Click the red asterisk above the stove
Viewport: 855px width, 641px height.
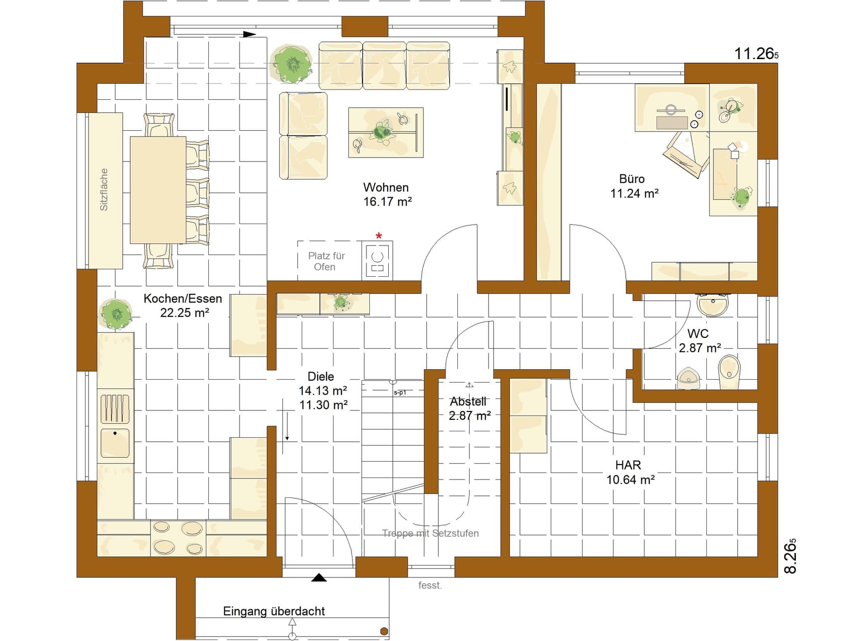pyautogui.click(x=379, y=236)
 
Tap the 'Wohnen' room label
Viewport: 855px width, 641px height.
pyautogui.click(x=386, y=187)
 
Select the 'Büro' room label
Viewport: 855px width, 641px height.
pyautogui.click(x=632, y=179)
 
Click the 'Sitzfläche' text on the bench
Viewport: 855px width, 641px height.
pyautogui.click(x=104, y=189)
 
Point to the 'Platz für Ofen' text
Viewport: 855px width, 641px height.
pyautogui.click(x=326, y=261)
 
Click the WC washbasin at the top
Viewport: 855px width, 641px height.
pyautogui.click(x=713, y=305)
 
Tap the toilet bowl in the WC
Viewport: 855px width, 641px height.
pyautogui.click(x=729, y=372)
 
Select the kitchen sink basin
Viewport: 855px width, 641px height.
pyautogui.click(x=115, y=443)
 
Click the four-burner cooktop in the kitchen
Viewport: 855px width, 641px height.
pyautogui.click(x=177, y=538)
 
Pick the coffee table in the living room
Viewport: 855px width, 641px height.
pyautogui.click(x=386, y=132)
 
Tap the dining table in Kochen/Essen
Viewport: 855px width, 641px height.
pyautogui.click(x=158, y=190)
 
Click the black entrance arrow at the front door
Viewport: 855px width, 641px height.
pyautogui.click(x=319, y=577)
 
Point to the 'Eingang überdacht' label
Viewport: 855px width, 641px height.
pyautogui.click(x=274, y=611)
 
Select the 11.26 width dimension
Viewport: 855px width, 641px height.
pyautogui.click(x=756, y=54)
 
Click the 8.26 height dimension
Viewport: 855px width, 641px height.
pyautogui.click(x=790, y=556)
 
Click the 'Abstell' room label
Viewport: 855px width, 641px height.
pyautogui.click(x=468, y=401)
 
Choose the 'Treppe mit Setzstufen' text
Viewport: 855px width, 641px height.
pyautogui.click(x=430, y=533)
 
